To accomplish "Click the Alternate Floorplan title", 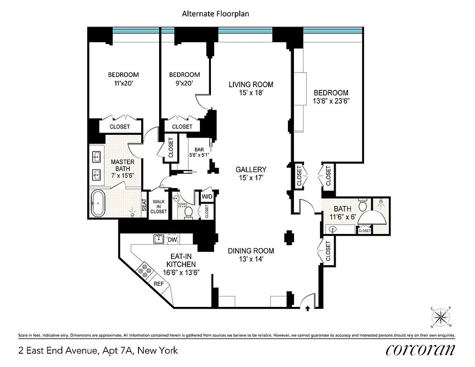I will point(215,14).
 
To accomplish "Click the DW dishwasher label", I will point(172,239).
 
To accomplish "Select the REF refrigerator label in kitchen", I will point(159,284).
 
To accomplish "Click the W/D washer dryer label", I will point(207,197).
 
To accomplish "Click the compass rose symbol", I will point(442,317).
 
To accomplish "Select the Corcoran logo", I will point(420,350).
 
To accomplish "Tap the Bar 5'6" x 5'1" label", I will point(199,152).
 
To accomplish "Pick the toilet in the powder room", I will point(188,212).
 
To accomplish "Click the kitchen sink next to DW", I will point(159,239).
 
